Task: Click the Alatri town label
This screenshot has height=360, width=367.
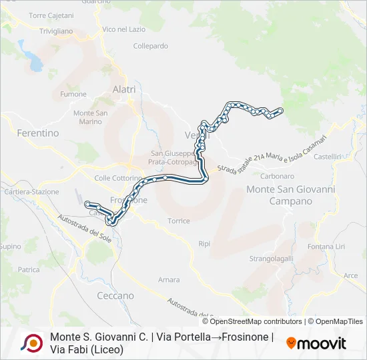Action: coord(124,89)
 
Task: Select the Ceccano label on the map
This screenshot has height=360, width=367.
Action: coord(115,295)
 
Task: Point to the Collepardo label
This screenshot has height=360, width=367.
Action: coord(151,46)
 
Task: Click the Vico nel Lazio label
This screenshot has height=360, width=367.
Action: coord(124,29)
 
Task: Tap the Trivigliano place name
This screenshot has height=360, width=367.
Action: coord(55,31)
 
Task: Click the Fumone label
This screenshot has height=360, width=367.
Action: coord(73,94)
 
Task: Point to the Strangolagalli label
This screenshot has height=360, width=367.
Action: coord(272,258)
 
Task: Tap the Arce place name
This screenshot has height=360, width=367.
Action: coord(350,275)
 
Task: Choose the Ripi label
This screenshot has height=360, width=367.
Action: coord(204,244)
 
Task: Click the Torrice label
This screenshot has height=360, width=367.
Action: coord(179,221)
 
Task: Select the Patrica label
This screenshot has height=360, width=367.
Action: coord(29,269)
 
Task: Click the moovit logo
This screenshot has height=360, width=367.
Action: coord(316,343)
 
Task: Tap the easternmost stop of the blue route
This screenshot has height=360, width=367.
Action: coord(280,110)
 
